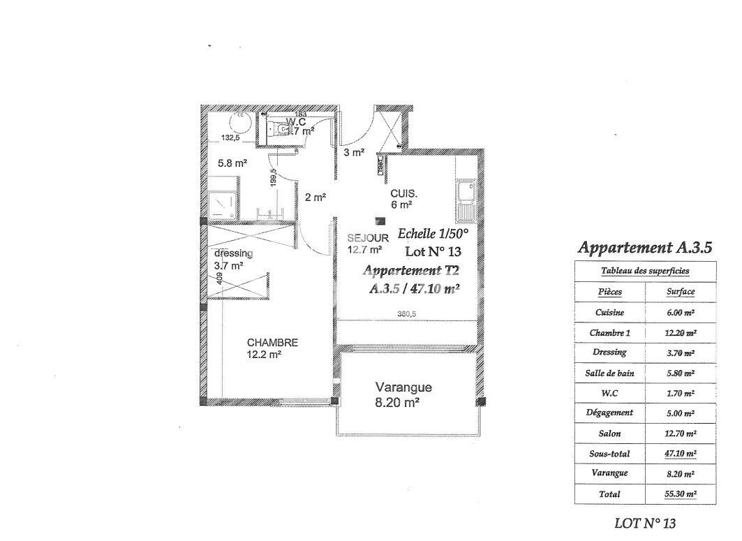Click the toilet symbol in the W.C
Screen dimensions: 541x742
[x=281, y=129]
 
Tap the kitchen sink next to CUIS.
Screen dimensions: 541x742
[x=465, y=200]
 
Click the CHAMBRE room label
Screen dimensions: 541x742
[x=272, y=343]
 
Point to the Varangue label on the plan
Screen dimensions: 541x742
[x=403, y=387]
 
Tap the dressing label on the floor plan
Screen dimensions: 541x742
[x=233, y=253]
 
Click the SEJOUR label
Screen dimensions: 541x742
[x=367, y=237]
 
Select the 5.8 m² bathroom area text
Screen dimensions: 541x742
[x=232, y=164]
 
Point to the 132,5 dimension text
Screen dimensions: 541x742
[x=232, y=138]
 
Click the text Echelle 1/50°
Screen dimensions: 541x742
[x=432, y=234]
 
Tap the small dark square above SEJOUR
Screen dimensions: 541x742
[x=380, y=221]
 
